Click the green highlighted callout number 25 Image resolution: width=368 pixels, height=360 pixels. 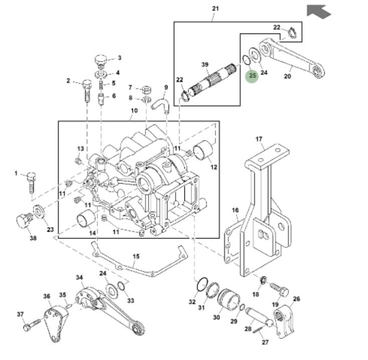click(x=252, y=76)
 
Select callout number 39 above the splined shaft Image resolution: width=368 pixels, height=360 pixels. click(x=205, y=65)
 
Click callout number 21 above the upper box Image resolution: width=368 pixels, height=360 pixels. click(x=216, y=9)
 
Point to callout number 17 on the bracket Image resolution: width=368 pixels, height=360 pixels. click(x=259, y=139)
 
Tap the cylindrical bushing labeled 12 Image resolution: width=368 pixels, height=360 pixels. click(x=204, y=150)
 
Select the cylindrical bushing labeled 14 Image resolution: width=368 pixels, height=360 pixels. click(x=86, y=220)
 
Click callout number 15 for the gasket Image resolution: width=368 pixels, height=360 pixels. click(x=136, y=257)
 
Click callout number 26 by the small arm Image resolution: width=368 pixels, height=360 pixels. click(x=296, y=299)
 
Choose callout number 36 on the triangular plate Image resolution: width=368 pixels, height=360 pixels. click(x=47, y=296)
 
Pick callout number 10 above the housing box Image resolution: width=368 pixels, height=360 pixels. click(x=134, y=110)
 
